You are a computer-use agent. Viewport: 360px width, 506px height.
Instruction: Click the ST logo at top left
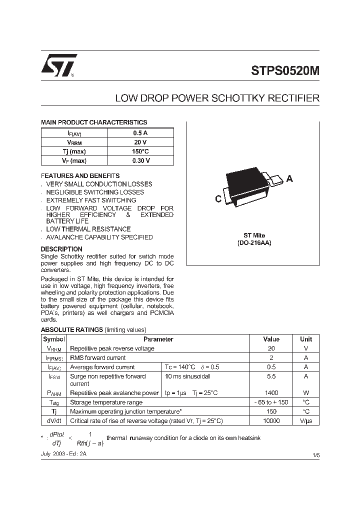click(x=58, y=65)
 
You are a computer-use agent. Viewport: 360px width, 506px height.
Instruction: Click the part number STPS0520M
click(x=285, y=70)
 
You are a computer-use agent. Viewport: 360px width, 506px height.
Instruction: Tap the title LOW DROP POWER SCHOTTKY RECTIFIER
click(x=217, y=98)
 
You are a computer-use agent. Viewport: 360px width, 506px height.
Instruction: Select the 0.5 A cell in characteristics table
click(x=140, y=133)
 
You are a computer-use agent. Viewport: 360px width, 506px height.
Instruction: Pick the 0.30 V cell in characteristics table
click(x=140, y=160)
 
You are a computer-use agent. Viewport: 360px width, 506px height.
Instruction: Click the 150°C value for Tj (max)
click(x=140, y=151)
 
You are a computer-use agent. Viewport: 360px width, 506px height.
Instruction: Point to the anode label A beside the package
click(x=289, y=179)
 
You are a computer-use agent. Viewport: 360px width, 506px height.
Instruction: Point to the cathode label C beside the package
click(x=218, y=199)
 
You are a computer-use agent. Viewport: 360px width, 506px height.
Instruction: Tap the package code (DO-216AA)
click(x=254, y=242)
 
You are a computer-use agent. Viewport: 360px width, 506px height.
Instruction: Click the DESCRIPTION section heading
click(x=61, y=249)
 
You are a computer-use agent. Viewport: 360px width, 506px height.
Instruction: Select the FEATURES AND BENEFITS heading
click(x=80, y=176)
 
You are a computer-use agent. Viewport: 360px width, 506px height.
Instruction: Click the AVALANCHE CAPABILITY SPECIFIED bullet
click(x=99, y=237)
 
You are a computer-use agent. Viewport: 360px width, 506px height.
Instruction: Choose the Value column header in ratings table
click(x=271, y=339)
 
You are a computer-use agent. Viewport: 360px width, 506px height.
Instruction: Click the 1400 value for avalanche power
click(x=271, y=393)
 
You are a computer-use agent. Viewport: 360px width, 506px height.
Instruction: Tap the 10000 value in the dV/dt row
click(x=271, y=421)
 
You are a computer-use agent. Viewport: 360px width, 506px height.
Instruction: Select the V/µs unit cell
click(x=305, y=421)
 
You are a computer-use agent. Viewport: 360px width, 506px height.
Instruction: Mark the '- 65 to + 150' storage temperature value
click(x=271, y=402)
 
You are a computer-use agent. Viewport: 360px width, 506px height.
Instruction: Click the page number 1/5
click(x=315, y=455)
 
